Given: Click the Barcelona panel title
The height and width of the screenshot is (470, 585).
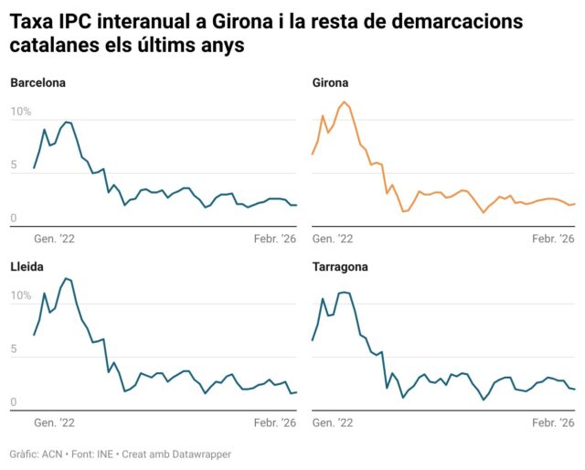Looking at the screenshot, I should pos(38,83).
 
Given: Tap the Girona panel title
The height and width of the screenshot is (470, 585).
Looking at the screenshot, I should pos(329,83).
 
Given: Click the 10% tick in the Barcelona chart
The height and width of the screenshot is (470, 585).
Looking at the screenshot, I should pos(20,112).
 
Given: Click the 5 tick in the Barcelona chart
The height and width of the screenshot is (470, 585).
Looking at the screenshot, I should pos(14,166).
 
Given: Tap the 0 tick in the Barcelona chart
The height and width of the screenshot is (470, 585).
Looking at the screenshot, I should pos(14,219).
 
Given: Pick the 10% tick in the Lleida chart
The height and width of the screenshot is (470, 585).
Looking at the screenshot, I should pos(20,296).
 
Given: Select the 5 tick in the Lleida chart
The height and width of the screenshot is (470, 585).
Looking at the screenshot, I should pos(14,349).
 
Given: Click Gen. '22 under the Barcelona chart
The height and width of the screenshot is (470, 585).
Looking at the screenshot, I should pos(53,239).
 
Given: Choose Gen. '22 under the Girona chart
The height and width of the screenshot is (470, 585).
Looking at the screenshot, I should pos(333,239).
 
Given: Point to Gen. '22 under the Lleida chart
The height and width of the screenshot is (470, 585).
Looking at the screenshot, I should pos(53,423).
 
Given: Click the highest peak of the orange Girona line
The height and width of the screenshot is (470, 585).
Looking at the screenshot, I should pos(345,102).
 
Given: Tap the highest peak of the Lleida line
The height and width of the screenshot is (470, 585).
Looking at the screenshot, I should pos(66,278).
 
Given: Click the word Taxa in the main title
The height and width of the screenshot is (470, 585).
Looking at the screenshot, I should pos(33,21).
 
